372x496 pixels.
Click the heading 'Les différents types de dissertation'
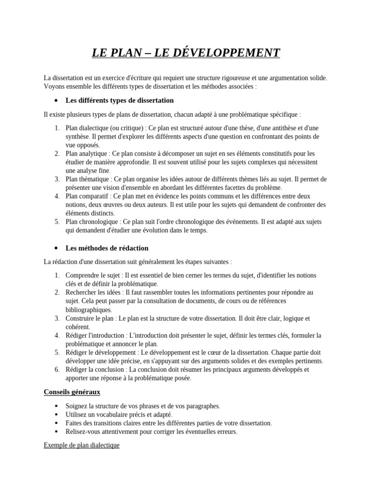click(119, 100)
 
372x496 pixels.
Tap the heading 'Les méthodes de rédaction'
click(107, 248)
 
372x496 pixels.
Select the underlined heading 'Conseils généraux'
click(72, 391)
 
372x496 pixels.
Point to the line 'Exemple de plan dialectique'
click(81, 445)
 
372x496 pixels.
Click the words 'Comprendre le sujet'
click(93, 275)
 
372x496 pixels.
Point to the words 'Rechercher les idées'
click(93, 292)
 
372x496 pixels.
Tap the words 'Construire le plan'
click(90, 318)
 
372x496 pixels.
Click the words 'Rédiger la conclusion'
click(95, 369)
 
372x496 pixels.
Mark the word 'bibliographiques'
click(88, 310)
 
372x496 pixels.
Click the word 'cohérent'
click(77, 327)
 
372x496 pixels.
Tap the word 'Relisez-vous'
click(84, 432)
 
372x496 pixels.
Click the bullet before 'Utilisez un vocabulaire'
click(57, 414)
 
